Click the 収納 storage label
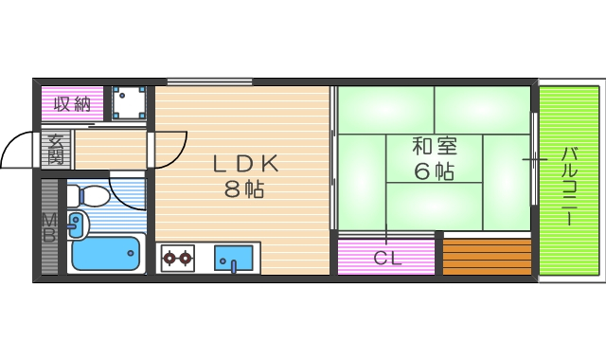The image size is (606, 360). click(71, 103)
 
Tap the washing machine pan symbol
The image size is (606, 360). click(127, 102)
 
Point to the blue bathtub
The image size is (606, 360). click(105, 253)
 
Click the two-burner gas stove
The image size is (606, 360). click(177, 256)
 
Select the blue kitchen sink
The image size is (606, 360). click(234, 257)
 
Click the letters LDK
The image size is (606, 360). click(244, 162)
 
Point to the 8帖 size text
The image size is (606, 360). click(243, 188)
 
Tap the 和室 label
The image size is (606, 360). click(434, 147)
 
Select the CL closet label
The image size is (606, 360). click(385, 257)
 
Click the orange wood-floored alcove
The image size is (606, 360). click(487, 257)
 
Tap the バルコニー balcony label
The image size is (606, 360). click(569, 185)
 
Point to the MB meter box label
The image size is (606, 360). click(48, 228)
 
